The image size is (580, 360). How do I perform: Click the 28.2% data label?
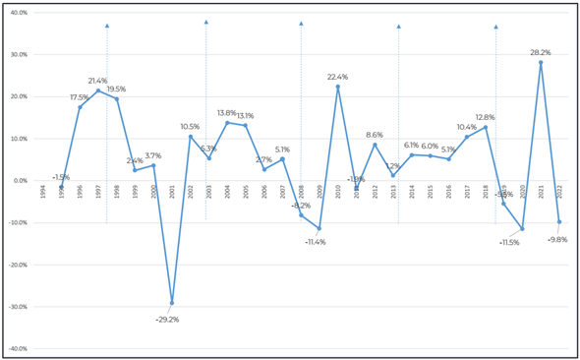click(541, 53)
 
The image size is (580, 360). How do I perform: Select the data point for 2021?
click(541, 63)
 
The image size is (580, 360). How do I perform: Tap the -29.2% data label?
click(166, 319)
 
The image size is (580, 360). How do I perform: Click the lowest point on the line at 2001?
click(172, 303)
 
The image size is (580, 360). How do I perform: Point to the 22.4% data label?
click(338, 77)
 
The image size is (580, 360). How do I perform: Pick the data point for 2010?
click(338, 87)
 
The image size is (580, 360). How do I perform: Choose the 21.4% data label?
click(97, 81)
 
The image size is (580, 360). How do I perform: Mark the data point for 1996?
click(80, 107)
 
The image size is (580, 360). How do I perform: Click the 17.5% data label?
click(79, 96)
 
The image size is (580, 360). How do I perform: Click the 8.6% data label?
click(375, 135)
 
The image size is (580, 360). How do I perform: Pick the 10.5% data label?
click(190, 126)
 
